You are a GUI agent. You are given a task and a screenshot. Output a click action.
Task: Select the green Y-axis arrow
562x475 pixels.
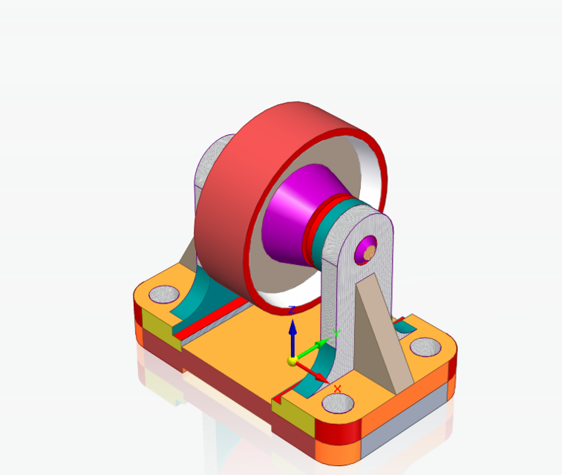pyautogui.click(x=320, y=344)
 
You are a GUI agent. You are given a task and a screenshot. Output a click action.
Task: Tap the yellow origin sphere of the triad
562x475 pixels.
pyautogui.click(x=293, y=361)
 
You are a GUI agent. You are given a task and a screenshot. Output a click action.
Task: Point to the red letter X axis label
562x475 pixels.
pyautogui.click(x=338, y=389)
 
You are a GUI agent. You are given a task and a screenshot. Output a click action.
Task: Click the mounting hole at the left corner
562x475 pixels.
pyautogui.click(x=161, y=295)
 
